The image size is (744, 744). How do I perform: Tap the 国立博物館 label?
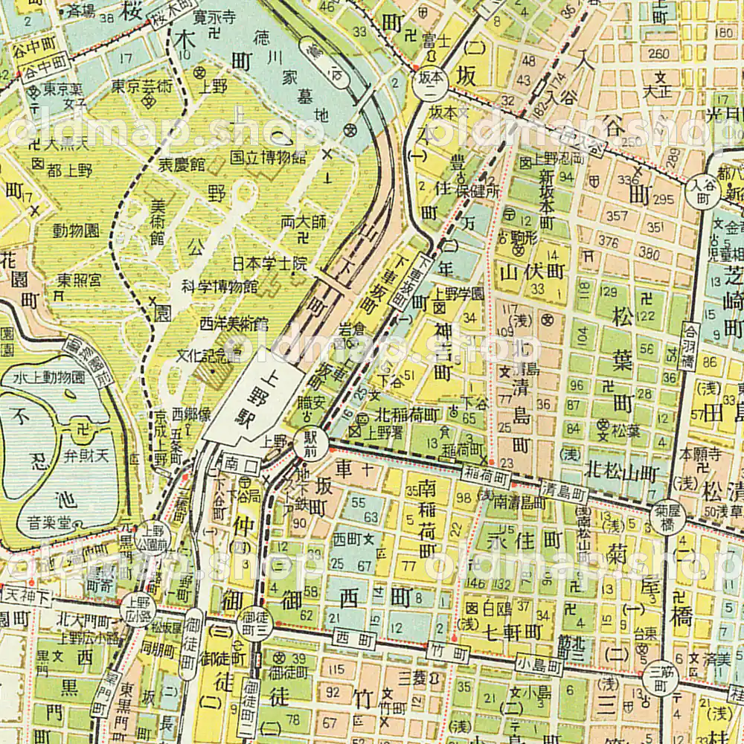coord(268,157)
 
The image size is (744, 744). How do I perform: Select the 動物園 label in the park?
coord(75,230)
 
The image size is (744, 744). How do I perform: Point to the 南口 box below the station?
coord(232,462)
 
